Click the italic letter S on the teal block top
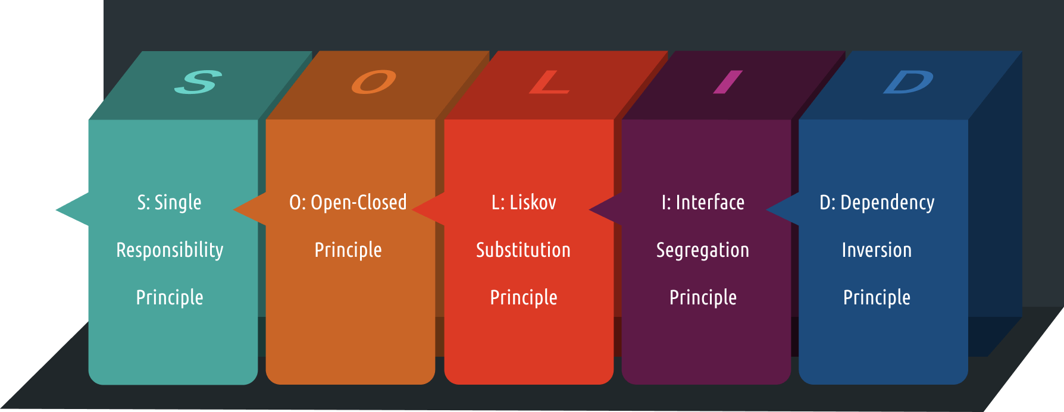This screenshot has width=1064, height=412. point(198,82)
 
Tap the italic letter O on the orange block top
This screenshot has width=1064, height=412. point(374,82)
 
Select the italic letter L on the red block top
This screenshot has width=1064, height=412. point(549,82)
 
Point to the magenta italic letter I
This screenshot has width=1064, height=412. point(728,82)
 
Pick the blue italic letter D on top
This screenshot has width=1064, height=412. point(908,82)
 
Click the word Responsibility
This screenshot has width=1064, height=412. point(170,250)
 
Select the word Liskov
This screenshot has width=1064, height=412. point(533,203)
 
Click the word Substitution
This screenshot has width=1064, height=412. point(523,250)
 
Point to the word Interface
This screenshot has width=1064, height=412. point(710,203)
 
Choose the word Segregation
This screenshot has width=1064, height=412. point(703,250)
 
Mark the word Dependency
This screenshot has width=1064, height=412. point(887,203)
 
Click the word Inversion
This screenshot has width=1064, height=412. point(877,250)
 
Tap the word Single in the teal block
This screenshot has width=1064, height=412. point(178,203)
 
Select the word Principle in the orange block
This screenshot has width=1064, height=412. point(348,250)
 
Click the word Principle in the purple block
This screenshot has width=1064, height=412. point(703,298)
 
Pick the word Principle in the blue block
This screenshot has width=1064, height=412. point(877,298)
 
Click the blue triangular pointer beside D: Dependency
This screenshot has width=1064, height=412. point(781,209)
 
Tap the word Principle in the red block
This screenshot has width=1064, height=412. point(524,298)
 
